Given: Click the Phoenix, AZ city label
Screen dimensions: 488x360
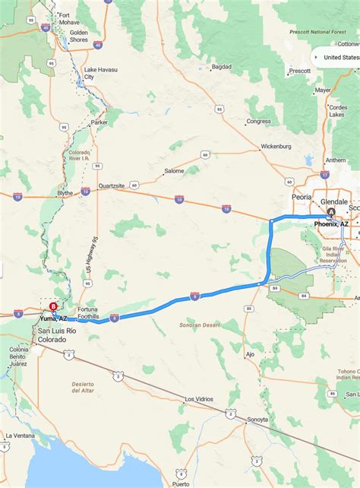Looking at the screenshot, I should tap(332, 224).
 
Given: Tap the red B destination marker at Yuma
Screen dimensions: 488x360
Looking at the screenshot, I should tap(52, 307).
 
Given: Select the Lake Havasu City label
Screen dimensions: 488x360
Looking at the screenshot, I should tap(99, 74).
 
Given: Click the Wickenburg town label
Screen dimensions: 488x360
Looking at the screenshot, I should tap(276, 146).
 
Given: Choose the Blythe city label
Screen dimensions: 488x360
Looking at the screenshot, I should tap(66, 193).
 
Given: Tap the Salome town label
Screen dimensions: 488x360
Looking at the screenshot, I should tap(174, 171).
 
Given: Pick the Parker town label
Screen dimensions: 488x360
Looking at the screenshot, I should tap(99, 122).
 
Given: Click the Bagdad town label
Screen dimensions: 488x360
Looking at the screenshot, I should tap(221, 67).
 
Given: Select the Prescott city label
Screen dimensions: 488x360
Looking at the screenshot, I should tap(300, 71).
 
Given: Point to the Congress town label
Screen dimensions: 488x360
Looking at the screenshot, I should tap(258, 121).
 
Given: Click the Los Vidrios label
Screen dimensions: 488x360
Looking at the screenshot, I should tap(199, 399).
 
